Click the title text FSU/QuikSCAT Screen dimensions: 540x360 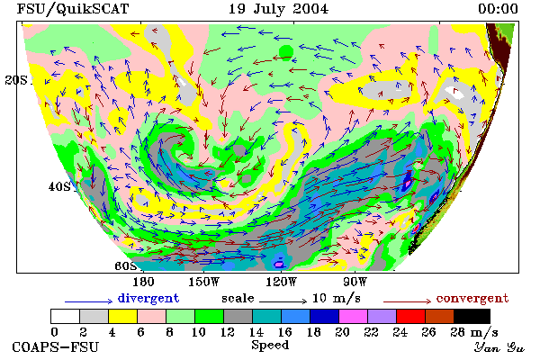[73, 9]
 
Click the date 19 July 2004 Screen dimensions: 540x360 [278, 9]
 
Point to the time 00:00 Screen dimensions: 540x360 [498, 9]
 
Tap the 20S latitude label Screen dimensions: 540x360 [16, 80]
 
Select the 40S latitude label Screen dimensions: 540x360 [59, 186]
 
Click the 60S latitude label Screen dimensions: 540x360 [125, 265]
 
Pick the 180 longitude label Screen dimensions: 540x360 [143, 282]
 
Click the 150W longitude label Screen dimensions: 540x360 [204, 282]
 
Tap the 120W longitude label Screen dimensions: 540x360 [281, 282]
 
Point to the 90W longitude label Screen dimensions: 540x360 [355, 282]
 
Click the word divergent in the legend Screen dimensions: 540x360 [148, 298]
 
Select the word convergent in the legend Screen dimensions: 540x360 [472, 298]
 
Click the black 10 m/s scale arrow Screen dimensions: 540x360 [283, 301]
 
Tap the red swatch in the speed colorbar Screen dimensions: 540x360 [410, 316]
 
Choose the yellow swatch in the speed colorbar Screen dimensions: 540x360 [122, 316]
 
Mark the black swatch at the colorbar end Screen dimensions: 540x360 [472, 316]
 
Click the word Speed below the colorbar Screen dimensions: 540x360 [270, 346]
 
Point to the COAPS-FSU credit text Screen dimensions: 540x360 [56, 346]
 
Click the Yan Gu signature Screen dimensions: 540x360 [499, 347]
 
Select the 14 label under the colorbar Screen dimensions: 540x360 [256, 332]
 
